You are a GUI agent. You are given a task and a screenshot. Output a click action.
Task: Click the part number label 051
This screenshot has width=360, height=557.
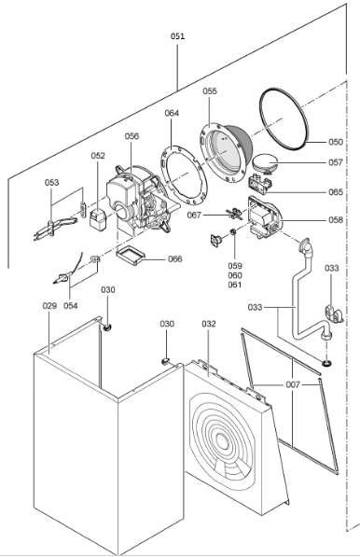177,36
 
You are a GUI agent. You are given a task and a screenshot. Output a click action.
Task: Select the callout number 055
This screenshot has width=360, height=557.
210,91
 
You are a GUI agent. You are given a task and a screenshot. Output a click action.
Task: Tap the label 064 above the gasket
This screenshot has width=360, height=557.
172,113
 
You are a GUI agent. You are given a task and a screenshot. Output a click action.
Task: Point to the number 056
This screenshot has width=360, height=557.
132,136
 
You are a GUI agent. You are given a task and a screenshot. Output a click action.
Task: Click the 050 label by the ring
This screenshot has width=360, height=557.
336,142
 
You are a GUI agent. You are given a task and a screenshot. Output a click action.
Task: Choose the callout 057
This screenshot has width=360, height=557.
336,162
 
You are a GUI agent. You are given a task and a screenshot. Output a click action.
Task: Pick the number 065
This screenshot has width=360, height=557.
336,192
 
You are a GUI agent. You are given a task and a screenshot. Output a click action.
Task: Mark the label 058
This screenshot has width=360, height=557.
336,220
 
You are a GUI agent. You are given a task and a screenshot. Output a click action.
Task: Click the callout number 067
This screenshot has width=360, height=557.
194,216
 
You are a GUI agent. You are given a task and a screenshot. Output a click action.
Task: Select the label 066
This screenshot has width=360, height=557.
174,259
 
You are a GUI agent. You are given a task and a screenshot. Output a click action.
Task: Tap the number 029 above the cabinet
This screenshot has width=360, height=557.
49,306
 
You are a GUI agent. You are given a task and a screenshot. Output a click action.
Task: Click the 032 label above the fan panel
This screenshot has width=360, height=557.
209,324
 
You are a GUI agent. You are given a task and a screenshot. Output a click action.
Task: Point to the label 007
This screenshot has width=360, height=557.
293,384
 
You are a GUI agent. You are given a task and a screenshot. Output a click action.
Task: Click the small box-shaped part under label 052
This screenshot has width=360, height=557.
97,217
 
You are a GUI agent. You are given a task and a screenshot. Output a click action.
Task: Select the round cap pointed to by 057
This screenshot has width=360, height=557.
264,162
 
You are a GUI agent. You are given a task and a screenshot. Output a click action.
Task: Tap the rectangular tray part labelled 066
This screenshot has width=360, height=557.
131,256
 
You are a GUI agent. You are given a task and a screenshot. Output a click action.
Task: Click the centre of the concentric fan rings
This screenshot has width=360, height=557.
222,443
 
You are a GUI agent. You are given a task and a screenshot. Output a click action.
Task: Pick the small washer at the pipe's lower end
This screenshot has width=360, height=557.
325,363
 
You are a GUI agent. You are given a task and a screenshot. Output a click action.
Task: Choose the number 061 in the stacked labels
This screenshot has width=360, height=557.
235,285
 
